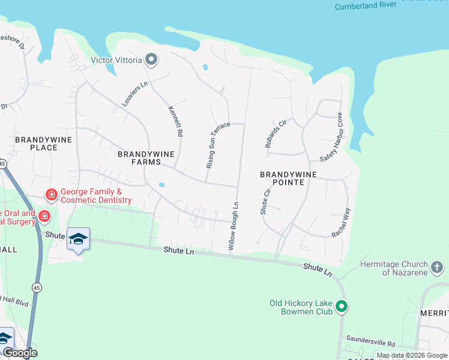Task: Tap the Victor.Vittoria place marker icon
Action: click(x=151, y=59)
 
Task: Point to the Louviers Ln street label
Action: click(x=134, y=94)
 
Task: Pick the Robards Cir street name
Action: click(x=276, y=134)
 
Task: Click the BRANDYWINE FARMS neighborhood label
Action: click(x=146, y=158)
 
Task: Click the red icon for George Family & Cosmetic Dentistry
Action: click(x=52, y=194)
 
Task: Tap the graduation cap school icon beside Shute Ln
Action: click(x=78, y=239)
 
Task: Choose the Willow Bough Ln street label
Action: click(x=234, y=226)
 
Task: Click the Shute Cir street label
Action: click(x=265, y=200)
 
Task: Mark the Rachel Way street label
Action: click(x=341, y=223)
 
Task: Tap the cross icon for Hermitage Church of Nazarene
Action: click(x=438, y=266)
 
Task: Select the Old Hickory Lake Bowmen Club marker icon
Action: click(x=342, y=307)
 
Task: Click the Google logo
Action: click(x=20, y=353)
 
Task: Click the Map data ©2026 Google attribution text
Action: click(x=411, y=355)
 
